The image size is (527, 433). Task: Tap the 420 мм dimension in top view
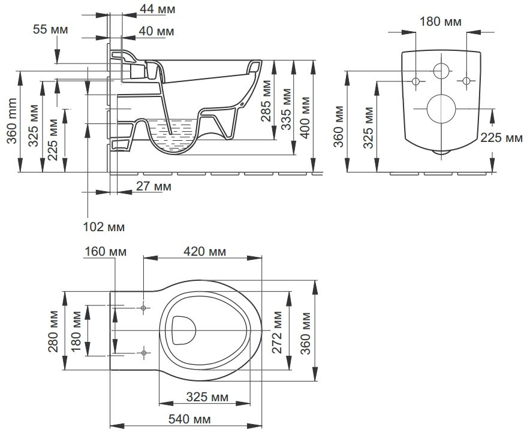pos(202,252)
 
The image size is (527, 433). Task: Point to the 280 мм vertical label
pos(53,331)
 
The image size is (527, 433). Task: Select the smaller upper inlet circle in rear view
pos(441,70)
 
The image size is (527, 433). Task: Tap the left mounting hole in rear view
pos(416,81)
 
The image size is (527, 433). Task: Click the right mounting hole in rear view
pos(466,81)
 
